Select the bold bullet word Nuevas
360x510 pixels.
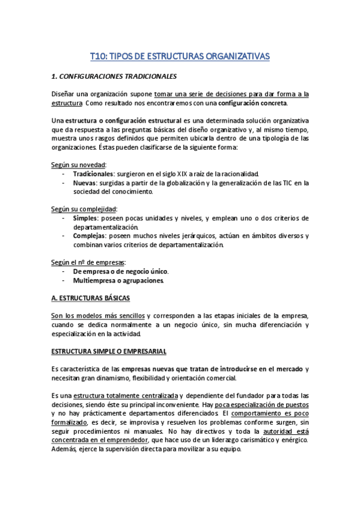[84, 183]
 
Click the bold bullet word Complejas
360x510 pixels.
[89, 236]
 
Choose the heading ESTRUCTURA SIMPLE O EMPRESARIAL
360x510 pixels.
[109, 351]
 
